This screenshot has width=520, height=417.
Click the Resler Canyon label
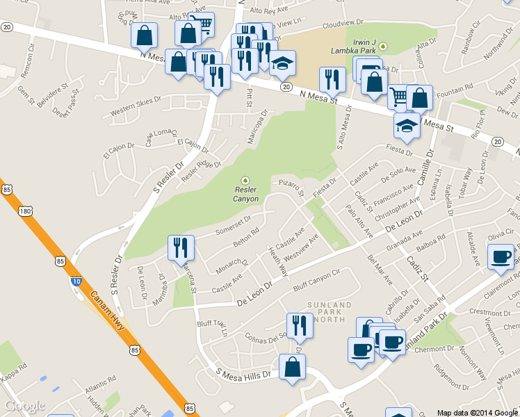click(x=246, y=194)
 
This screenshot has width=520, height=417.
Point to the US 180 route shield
click(x=26, y=210)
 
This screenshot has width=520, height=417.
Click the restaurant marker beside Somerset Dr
click(x=181, y=248)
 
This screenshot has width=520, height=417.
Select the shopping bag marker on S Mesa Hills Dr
click(x=292, y=368)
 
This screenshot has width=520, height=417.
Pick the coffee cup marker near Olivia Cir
click(x=501, y=259)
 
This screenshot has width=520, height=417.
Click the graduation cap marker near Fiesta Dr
click(x=407, y=126)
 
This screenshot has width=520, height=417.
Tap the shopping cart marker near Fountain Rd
click(x=398, y=98)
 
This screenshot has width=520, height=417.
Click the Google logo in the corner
click(x=24, y=406)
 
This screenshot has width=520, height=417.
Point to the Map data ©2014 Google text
click(x=478, y=412)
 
